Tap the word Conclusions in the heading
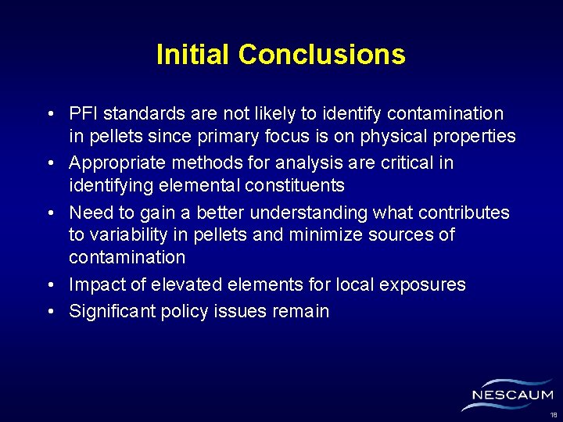[x=322, y=55]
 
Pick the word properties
[x=472, y=137]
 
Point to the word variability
[x=127, y=235]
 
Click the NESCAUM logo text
[x=513, y=395]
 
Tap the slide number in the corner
[x=553, y=414]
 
